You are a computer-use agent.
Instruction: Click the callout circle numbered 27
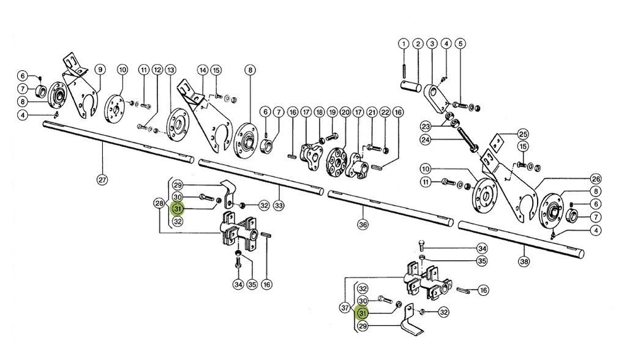pyautogui.click(x=102, y=180)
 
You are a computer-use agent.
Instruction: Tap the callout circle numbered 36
pyautogui.click(x=363, y=225)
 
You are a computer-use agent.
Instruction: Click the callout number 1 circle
pyautogui.click(x=404, y=44)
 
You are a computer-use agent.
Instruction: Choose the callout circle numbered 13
pyautogui.click(x=170, y=70)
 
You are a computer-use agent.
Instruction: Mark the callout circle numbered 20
pyautogui.click(x=345, y=113)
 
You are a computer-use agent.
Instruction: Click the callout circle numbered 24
pyautogui.click(x=443, y=140)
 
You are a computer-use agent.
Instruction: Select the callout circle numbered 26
pyautogui.click(x=596, y=179)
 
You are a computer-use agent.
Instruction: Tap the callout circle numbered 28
pyautogui.click(x=159, y=203)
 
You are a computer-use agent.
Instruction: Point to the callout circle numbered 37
pyautogui.click(x=345, y=307)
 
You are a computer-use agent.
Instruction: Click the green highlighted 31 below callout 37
pyautogui.click(x=362, y=313)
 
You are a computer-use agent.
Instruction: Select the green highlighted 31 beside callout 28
pyautogui.click(x=178, y=209)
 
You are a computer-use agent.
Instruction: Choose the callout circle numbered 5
pyautogui.click(x=460, y=44)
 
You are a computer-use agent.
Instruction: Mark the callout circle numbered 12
pyautogui.click(x=157, y=70)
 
